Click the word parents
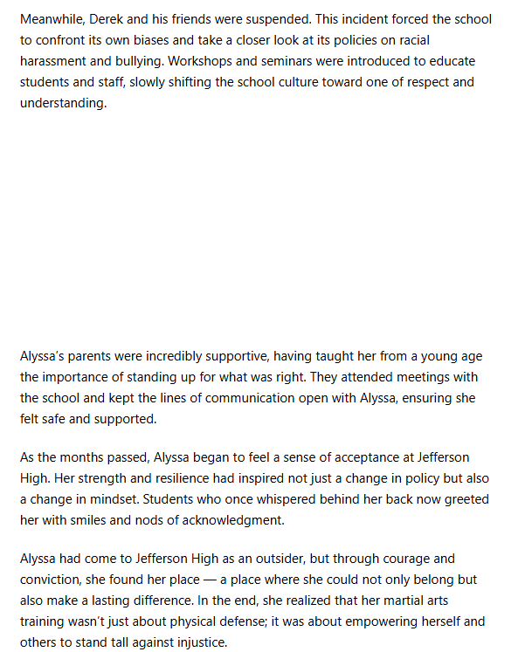pyautogui.click(x=93, y=356)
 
